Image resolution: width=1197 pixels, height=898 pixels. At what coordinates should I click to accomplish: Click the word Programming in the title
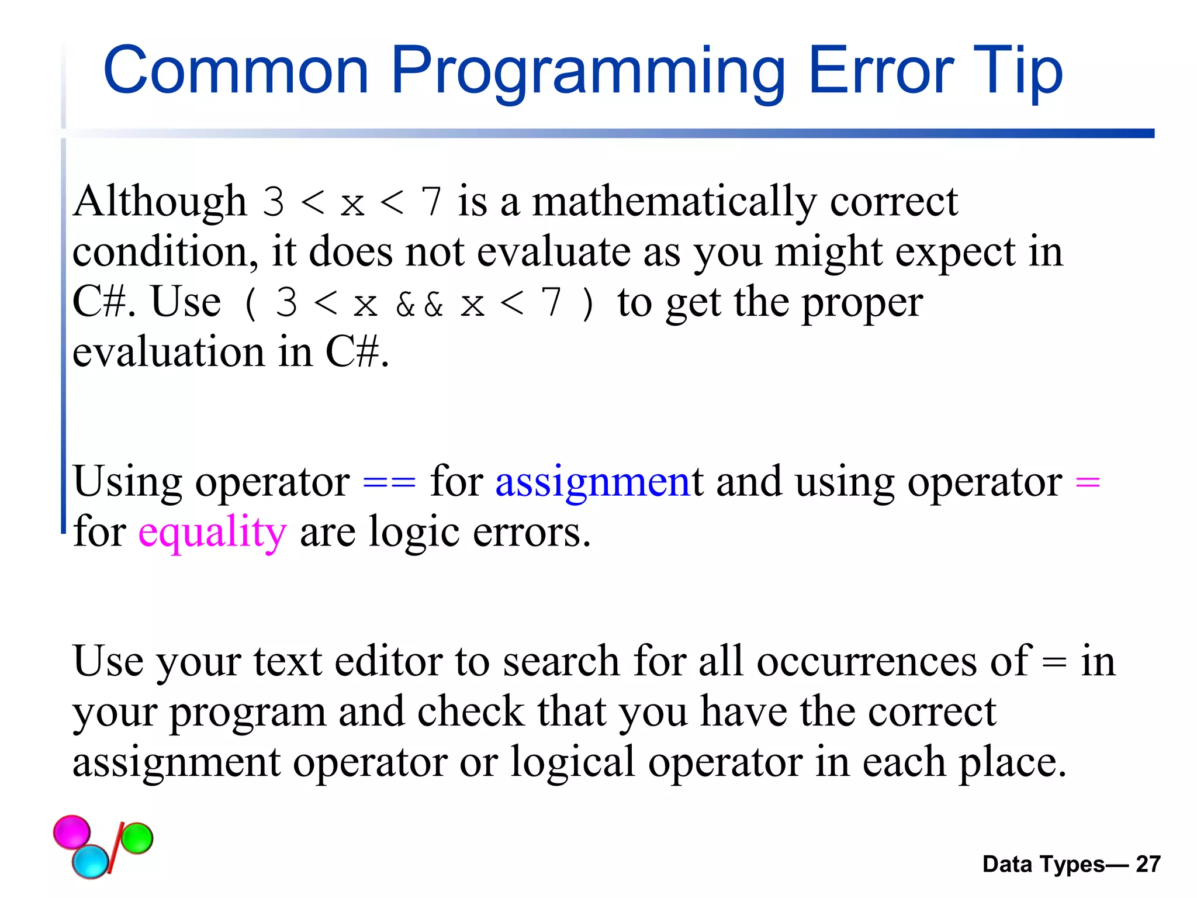(587, 71)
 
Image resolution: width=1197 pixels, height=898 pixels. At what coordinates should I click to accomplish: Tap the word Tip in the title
(1018, 71)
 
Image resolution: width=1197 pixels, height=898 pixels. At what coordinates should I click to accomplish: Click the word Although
(160, 202)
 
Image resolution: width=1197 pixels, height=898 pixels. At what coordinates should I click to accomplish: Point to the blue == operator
(389, 483)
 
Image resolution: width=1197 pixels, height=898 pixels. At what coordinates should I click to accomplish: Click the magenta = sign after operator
(1088, 483)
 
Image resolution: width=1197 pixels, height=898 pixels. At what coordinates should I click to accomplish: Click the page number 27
(1148, 864)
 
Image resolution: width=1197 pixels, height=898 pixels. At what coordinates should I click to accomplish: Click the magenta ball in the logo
(72, 831)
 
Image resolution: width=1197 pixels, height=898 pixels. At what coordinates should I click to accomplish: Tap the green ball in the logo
(137, 838)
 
